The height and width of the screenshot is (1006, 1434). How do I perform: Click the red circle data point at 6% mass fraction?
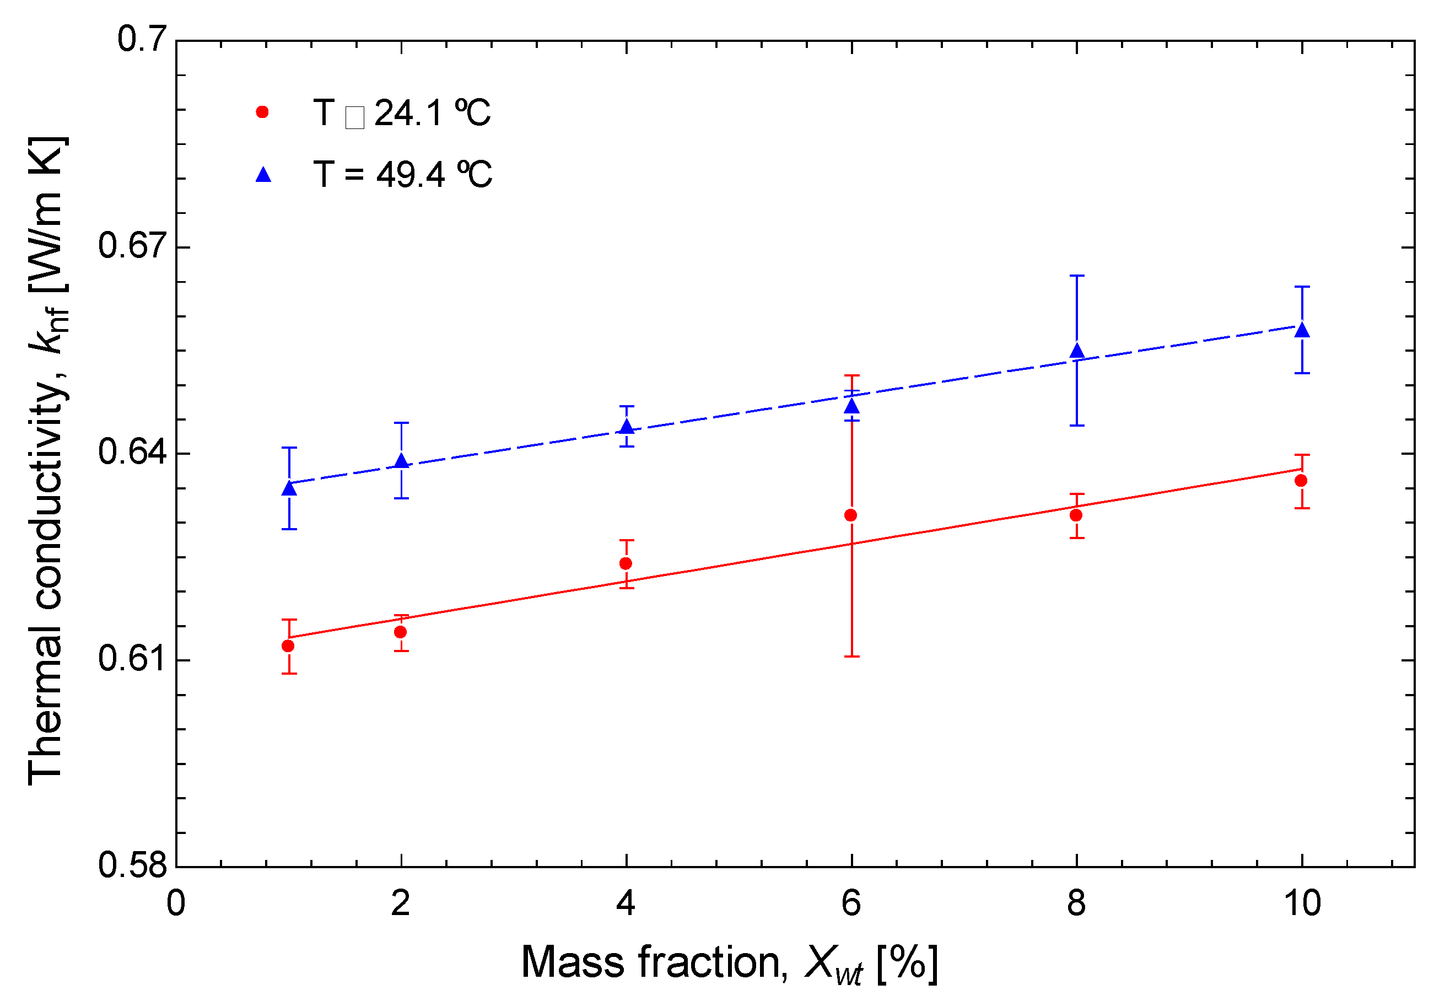[851, 515]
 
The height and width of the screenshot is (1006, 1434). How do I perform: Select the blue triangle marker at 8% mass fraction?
[1077, 351]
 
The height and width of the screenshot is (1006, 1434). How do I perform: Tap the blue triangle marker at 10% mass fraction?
[1302, 330]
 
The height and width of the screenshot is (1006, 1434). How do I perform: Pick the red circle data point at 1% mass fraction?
[288, 645]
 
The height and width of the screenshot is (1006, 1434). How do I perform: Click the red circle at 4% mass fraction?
[625, 563]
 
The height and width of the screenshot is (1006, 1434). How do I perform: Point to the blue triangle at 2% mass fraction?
[402, 461]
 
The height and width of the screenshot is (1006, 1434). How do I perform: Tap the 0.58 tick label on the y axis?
[133, 865]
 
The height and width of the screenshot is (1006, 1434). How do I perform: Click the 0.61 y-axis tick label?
[133, 659]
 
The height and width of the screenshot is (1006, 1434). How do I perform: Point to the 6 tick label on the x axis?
[851, 903]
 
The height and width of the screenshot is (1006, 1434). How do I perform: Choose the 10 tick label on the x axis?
[1302, 903]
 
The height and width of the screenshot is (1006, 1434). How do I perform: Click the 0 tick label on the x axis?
[176, 903]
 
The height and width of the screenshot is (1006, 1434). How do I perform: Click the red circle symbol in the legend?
[262, 112]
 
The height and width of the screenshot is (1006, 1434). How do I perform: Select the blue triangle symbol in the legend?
[263, 174]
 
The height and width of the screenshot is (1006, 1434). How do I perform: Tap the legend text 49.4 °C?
[433, 174]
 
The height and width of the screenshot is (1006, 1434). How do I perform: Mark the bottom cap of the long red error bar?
[851, 656]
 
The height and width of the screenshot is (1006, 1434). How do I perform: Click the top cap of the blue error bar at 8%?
[1077, 276]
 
